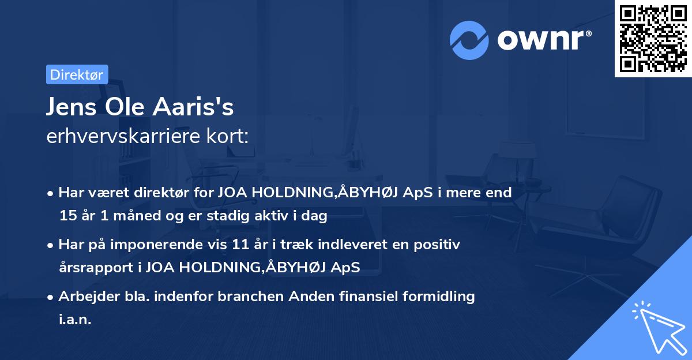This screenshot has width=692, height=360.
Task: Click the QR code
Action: click(653, 38)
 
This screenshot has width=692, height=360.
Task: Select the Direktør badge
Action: click(77, 74)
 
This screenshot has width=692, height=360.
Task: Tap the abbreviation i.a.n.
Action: click(75, 320)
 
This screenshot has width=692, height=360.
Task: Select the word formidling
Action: click(439, 297)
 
